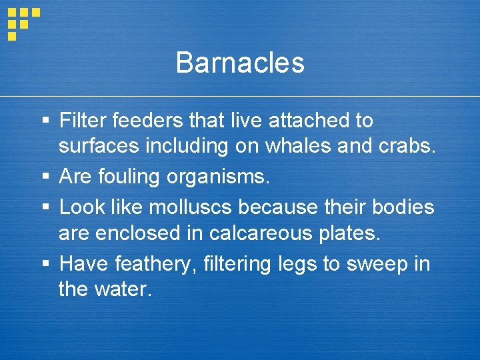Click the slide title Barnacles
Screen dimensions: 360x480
pyautogui.click(x=240, y=63)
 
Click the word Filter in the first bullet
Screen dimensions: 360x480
pyautogui.click(x=83, y=121)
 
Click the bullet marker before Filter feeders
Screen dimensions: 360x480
pyautogui.click(x=45, y=121)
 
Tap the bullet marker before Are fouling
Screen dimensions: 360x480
pyautogui.click(x=45, y=177)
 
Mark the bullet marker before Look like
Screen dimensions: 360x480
pyautogui.click(x=45, y=207)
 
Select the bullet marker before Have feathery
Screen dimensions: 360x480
pyautogui.click(x=45, y=265)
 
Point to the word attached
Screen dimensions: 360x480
pyautogui.click(x=309, y=121)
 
